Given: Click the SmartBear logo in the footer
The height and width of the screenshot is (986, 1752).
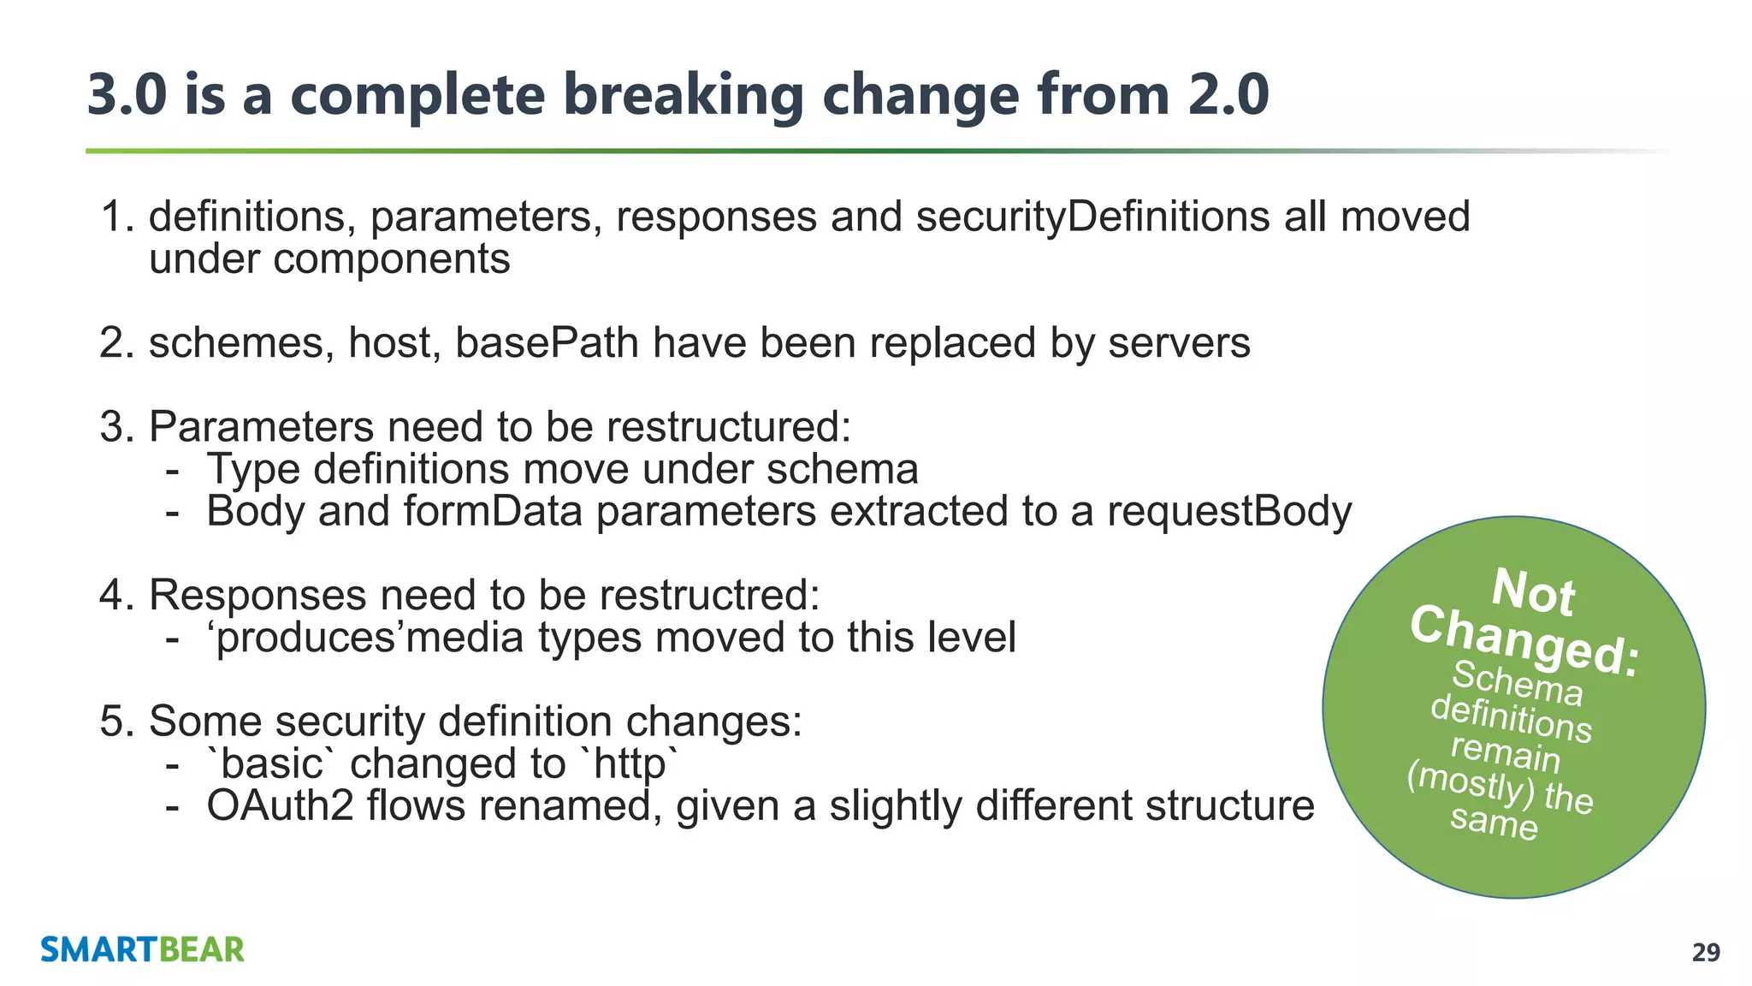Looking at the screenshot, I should pyautogui.click(x=142, y=949).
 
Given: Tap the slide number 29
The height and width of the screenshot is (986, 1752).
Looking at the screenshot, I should pyautogui.click(x=1706, y=953).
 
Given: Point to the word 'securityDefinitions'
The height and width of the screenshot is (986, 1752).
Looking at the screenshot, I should pyautogui.click(x=1092, y=217).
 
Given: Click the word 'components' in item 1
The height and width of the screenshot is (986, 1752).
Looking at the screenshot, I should pyautogui.click(x=391, y=259).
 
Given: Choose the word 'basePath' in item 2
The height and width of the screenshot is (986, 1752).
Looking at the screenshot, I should pyautogui.click(x=547, y=343).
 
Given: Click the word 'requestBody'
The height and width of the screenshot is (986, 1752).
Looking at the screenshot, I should pyautogui.click(x=1229, y=512).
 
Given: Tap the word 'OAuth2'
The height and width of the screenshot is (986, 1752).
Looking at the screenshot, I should pyautogui.click(x=280, y=806).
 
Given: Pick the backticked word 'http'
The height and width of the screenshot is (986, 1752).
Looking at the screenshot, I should pyautogui.click(x=629, y=763).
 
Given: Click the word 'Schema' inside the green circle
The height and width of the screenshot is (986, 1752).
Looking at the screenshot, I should pyautogui.click(x=1518, y=684).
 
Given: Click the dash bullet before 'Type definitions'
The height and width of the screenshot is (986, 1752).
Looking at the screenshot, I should pyautogui.click(x=173, y=470).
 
